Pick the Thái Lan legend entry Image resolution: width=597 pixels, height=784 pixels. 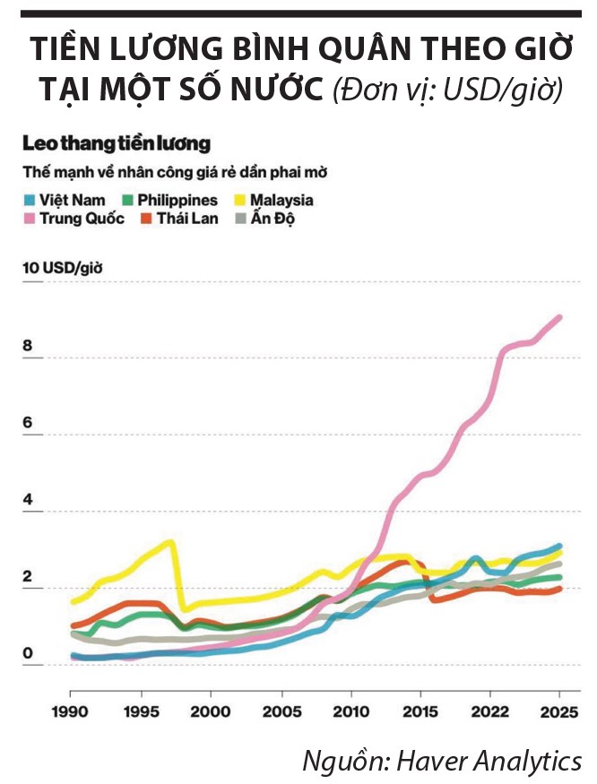[x=178, y=219]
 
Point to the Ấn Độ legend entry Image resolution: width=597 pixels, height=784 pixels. [x=270, y=219]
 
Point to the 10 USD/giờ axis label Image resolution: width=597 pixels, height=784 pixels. [x=61, y=267]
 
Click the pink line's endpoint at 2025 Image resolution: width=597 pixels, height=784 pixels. [x=560, y=317]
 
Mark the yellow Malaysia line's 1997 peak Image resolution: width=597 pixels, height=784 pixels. [x=170, y=541]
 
